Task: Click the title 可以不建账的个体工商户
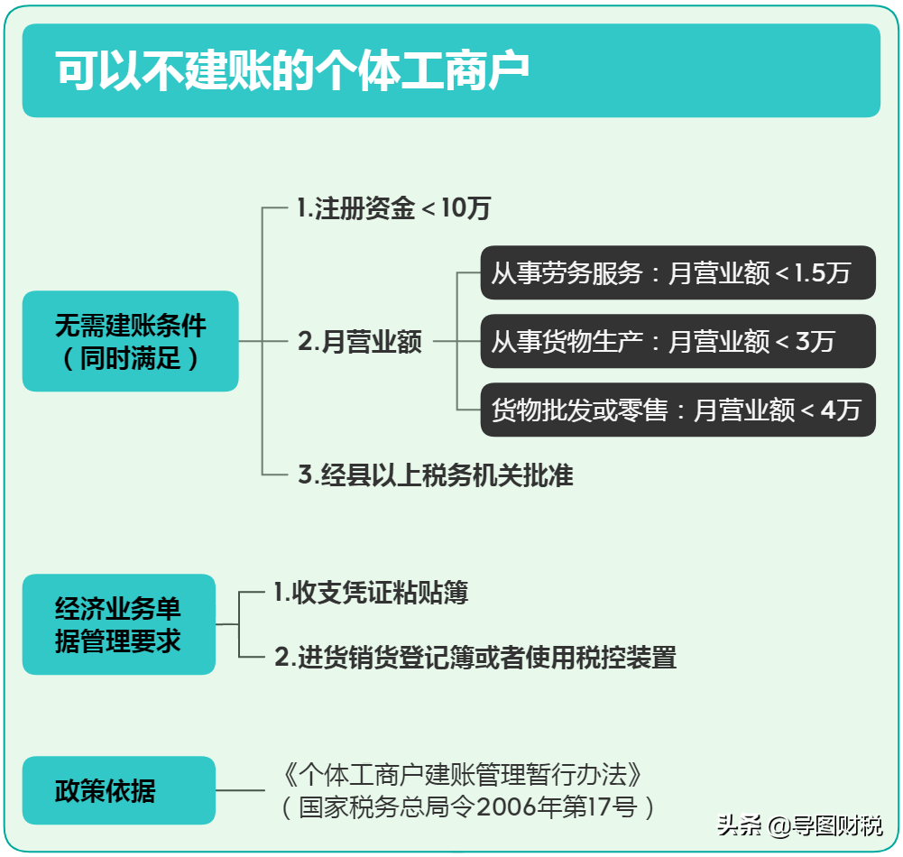(292, 71)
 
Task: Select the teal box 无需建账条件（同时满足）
(130, 341)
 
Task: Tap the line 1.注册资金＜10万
(394, 207)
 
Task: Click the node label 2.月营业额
(359, 341)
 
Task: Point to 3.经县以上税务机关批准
(436, 475)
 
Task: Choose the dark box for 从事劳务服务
(677, 272)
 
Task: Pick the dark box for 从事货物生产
(677, 341)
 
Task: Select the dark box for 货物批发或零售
(677, 410)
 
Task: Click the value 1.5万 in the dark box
(823, 273)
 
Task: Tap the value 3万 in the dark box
(815, 342)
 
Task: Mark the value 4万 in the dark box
(841, 410)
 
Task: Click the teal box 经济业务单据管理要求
(119, 624)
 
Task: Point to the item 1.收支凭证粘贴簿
(372, 592)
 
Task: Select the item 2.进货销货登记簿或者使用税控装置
(475, 657)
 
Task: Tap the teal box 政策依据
(119, 790)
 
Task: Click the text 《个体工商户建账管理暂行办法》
(462, 774)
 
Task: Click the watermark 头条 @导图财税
(800, 826)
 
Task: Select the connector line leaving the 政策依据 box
(240, 790)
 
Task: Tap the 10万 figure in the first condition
(465, 207)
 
